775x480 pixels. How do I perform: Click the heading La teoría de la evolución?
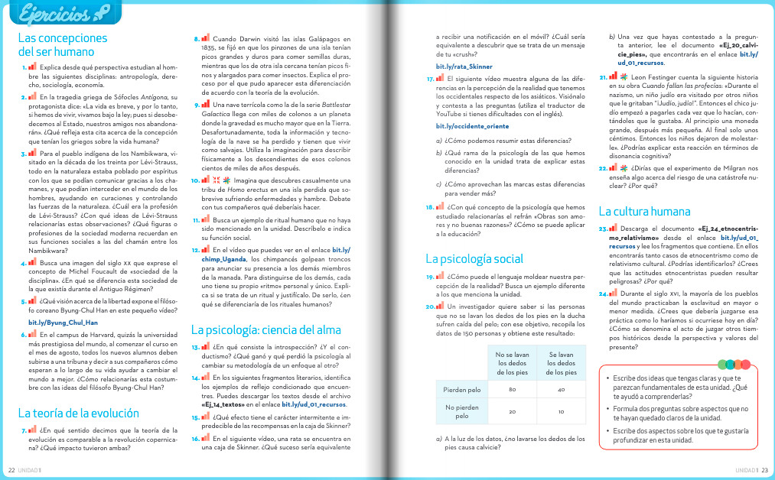point(79,413)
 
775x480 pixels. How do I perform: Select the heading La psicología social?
point(474,258)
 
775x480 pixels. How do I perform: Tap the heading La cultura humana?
point(644,211)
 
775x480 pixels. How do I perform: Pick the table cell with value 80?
point(512,390)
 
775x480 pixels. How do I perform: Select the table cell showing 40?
point(562,390)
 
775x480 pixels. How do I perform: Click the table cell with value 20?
point(512,411)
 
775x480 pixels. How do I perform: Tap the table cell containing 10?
point(562,411)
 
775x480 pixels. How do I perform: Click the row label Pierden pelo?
point(461,390)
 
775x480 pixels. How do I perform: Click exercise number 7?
point(23,430)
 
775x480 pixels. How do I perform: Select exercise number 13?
point(195,348)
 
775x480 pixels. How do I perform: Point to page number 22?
point(11,469)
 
